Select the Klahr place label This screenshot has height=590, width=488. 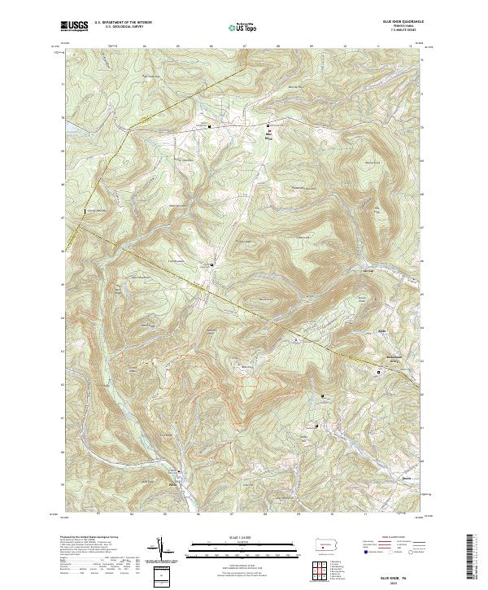[381, 331]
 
